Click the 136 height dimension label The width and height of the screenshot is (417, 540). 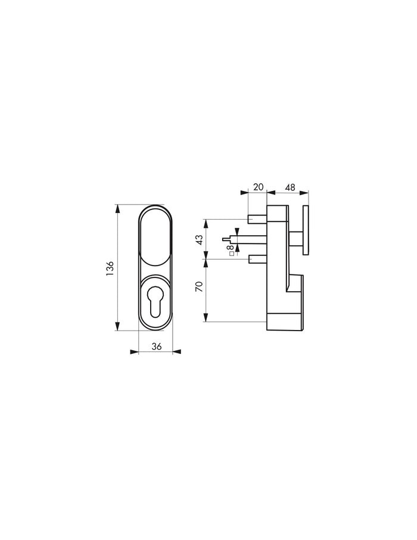[110, 269]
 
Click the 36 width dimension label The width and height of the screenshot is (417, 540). [157, 347]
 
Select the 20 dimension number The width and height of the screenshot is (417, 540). [258, 187]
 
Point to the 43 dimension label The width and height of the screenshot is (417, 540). [200, 239]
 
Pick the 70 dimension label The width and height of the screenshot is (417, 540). [200, 286]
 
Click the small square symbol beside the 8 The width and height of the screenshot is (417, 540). [231, 254]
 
